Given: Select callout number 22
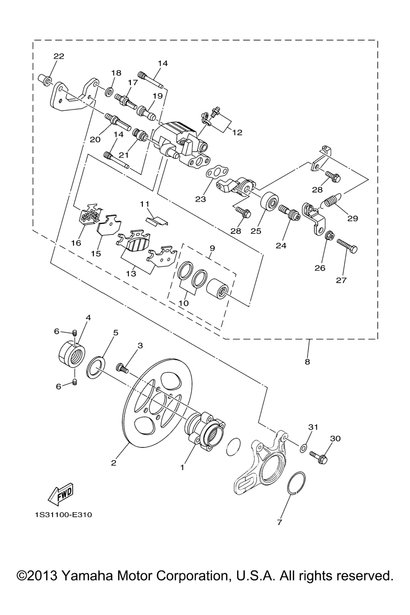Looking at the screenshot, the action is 59,56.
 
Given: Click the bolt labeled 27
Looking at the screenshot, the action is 347,245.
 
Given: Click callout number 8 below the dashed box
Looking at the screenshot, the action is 307,362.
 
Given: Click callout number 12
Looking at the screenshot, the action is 237,133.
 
